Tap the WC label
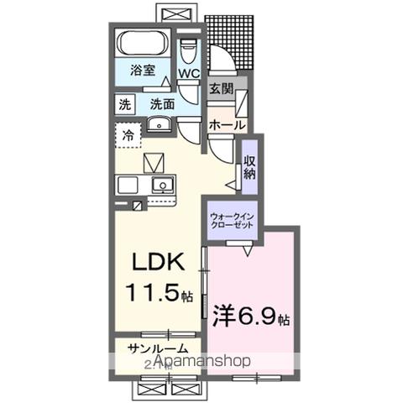coord(189,74)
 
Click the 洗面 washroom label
coord(162,105)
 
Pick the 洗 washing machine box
coord(125,105)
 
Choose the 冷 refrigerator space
coord(128,133)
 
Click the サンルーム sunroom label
coord(157,348)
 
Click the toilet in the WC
coord(189,48)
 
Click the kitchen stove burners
coord(128,184)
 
